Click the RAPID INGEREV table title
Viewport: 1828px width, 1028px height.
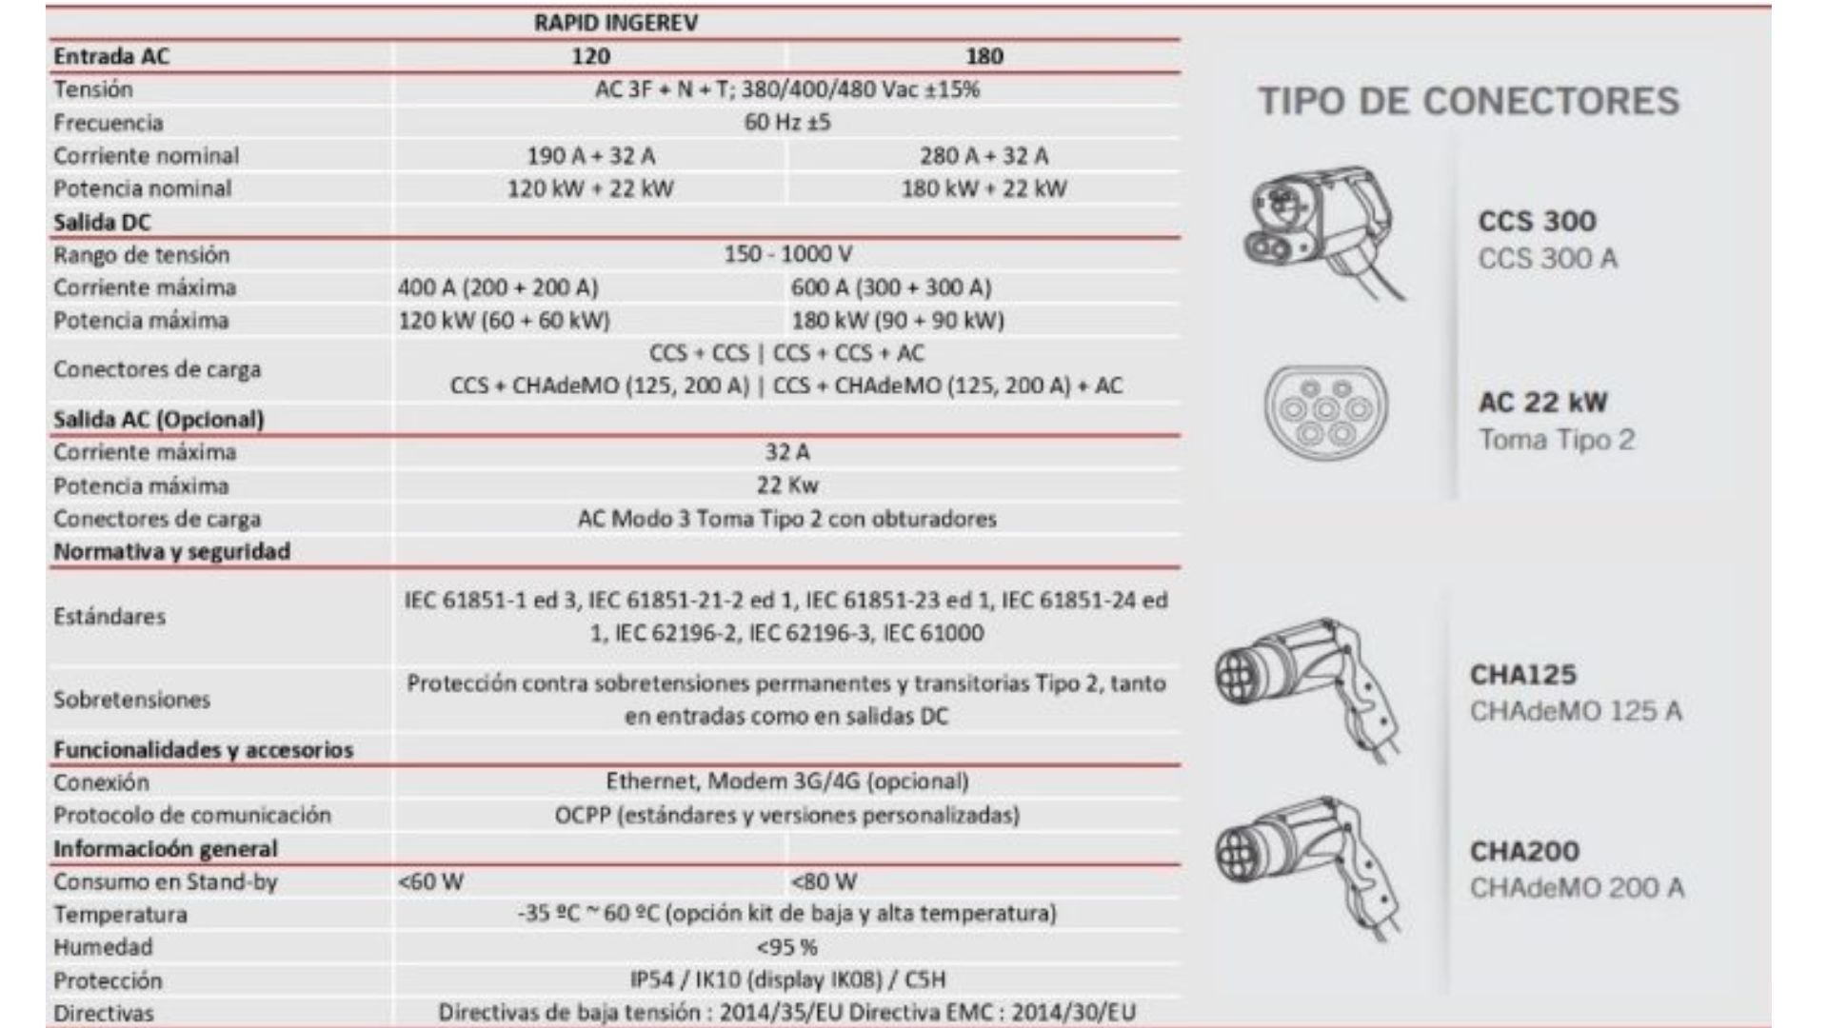click(615, 23)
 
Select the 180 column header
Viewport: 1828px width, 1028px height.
click(984, 56)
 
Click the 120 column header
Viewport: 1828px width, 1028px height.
click(590, 56)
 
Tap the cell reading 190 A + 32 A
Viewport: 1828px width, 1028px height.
click(590, 155)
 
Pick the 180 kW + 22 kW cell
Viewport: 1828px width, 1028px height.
click(984, 188)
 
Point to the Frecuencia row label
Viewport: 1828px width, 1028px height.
click(109, 123)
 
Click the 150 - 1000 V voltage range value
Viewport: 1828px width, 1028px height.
click(787, 254)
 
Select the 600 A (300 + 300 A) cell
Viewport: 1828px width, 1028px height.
click(890, 287)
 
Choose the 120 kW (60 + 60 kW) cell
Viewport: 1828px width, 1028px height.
click(504, 320)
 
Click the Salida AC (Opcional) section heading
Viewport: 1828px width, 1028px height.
click(159, 419)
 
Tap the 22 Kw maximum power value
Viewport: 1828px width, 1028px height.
click(787, 485)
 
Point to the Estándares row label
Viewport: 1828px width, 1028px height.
click(109, 617)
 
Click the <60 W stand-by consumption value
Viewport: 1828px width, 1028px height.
click(431, 881)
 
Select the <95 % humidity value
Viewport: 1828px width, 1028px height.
click(787, 947)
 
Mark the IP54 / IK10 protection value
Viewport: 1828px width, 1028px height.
click(787, 979)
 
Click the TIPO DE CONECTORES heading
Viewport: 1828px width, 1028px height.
click(1469, 101)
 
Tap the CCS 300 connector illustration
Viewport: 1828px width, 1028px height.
click(1323, 231)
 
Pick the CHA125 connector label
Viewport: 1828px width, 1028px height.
click(1523, 675)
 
